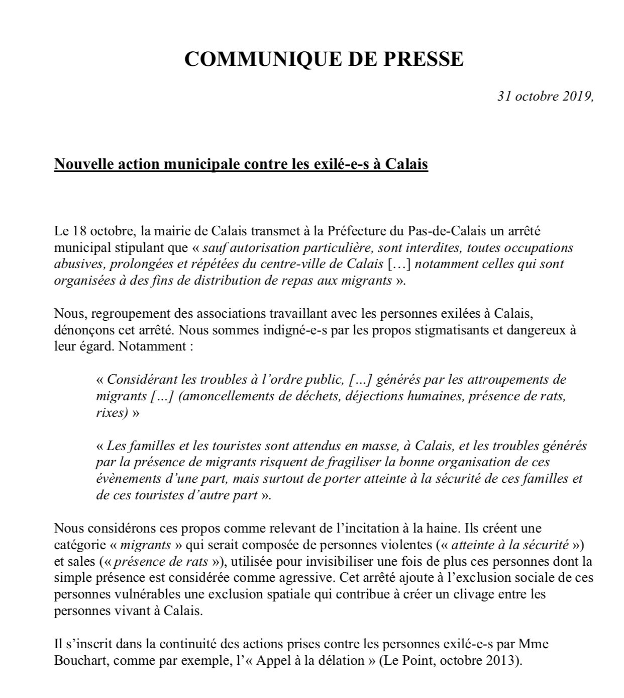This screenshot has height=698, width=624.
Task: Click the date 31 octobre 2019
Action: pos(546,96)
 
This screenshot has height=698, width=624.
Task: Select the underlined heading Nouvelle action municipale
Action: pos(241,164)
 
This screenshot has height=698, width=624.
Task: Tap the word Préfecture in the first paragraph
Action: pos(355,232)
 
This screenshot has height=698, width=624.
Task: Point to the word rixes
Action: pos(109,412)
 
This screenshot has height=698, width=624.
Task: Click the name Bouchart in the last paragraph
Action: pos(81,660)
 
